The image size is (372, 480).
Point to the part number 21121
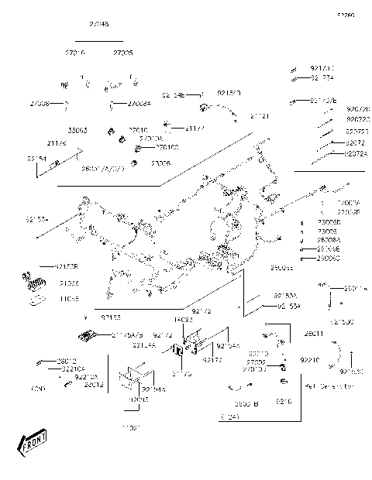point(260,115)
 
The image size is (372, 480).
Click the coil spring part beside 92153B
point(31,278)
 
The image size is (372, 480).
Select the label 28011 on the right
point(335,333)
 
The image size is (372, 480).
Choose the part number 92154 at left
point(36,158)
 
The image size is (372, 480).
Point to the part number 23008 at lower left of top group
point(160,164)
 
